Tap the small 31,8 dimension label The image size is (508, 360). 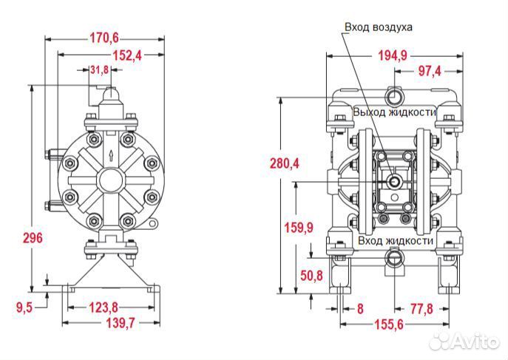(98, 69)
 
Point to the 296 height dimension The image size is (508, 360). (33, 238)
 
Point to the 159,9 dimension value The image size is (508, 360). (299, 228)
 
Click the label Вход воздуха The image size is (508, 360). (378, 27)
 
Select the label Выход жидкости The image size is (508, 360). (394, 112)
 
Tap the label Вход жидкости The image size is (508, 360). (394, 241)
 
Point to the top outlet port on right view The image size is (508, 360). (393, 94)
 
